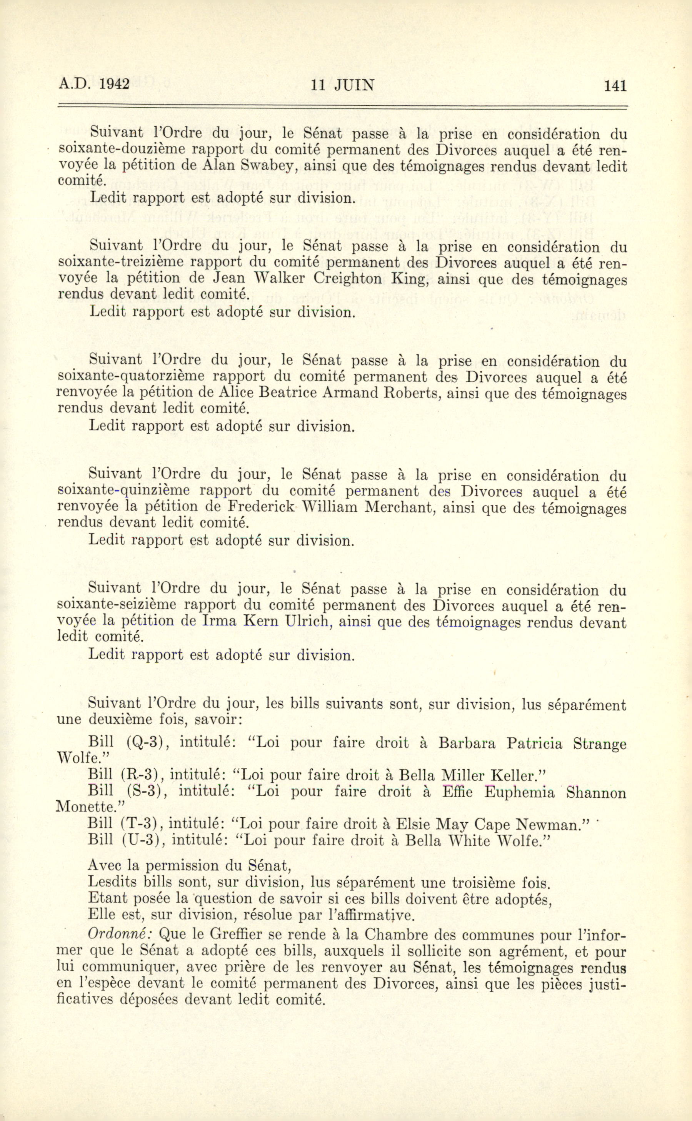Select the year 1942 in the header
pyautogui.click(x=114, y=85)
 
